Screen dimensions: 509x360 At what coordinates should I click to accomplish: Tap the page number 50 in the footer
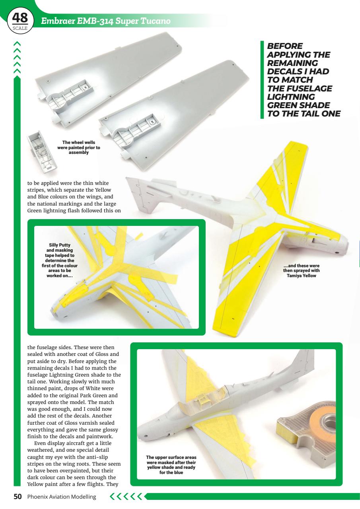point(18,497)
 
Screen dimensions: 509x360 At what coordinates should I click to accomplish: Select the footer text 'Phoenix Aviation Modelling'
point(62,497)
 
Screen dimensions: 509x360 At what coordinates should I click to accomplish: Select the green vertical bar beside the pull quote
point(262,80)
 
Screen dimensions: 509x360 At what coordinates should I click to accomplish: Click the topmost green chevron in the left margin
point(17,41)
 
